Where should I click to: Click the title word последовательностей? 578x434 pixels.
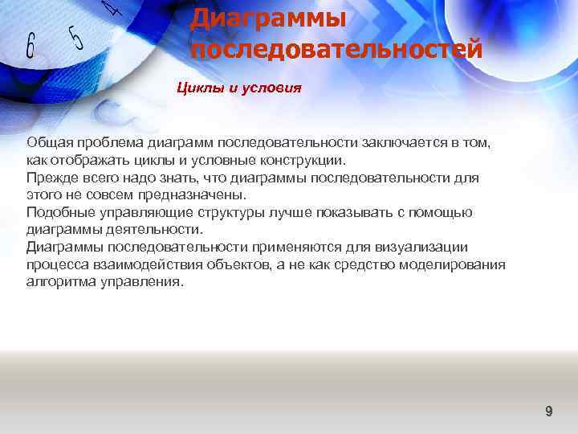click(336, 50)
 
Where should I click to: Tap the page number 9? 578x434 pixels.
click(549, 411)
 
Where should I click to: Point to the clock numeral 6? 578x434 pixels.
click(30, 46)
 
